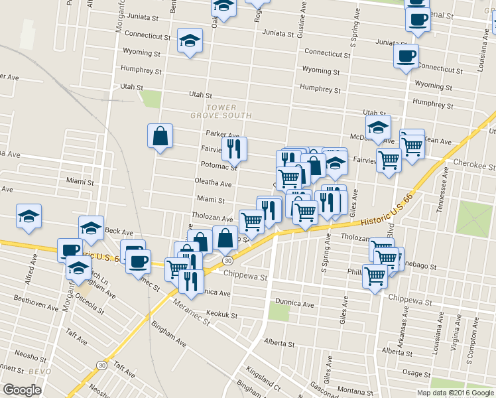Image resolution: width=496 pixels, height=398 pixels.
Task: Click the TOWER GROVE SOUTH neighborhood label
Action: coord(229,111)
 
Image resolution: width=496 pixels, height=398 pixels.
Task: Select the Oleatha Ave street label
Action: coord(213,184)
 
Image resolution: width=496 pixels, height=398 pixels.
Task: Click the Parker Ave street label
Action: coord(221,134)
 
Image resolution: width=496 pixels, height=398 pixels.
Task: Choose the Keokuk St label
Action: coord(221,316)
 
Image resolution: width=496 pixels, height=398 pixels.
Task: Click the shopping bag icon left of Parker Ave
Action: coord(160,136)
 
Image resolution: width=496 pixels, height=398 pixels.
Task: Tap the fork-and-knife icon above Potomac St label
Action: coord(233,149)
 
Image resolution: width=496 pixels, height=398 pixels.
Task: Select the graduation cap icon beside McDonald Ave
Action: coord(378,128)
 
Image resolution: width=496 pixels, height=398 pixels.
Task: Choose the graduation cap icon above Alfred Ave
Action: coord(29,216)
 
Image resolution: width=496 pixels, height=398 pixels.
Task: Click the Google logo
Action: coord(22,390)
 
